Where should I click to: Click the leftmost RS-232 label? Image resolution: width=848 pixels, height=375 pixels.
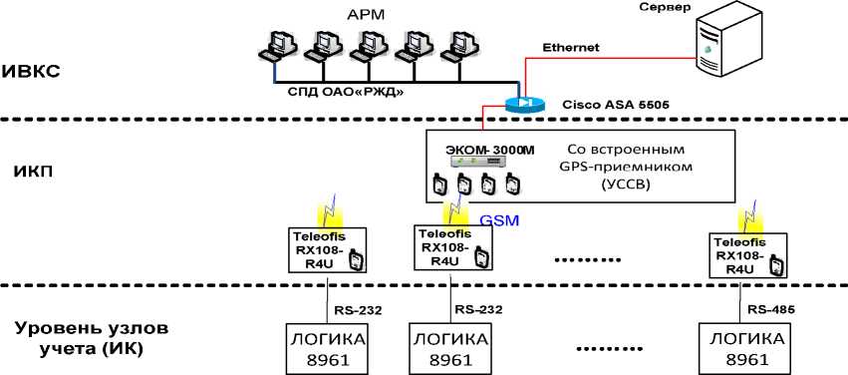coord(356,309)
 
